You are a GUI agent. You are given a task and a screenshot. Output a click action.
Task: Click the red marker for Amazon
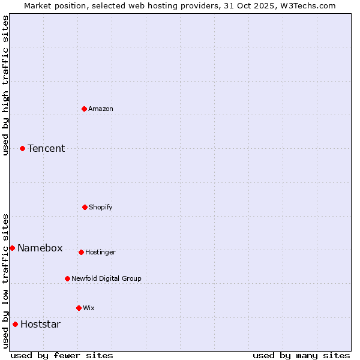[x=84, y=109]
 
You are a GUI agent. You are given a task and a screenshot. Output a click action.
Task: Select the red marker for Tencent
[x=22, y=148]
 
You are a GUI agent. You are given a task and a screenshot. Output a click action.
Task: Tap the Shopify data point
[x=85, y=207]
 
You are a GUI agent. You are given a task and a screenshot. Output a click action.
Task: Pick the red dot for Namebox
[x=12, y=248]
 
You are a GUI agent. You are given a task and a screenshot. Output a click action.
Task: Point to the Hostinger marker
[x=81, y=252]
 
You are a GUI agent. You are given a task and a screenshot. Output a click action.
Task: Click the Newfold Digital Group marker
[x=67, y=278]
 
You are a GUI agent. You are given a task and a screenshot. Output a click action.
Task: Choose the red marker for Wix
[x=79, y=308]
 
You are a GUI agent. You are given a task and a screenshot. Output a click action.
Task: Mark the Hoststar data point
[x=15, y=324]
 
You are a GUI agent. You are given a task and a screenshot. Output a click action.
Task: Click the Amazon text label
[x=101, y=109]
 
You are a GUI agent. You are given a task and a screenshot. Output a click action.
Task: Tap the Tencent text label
[x=46, y=148]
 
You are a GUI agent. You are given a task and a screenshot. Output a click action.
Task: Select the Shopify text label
[x=101, y=207]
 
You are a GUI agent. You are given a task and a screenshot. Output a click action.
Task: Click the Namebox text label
[x=40, y=248]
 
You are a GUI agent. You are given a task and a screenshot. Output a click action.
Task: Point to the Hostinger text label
[x=100, y=252]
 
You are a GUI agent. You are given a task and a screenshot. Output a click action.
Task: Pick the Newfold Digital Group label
[x=107, y=278]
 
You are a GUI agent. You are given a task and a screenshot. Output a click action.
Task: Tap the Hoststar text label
[x=41, y=324]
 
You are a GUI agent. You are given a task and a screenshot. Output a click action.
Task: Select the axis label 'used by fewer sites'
[x=62, y=355]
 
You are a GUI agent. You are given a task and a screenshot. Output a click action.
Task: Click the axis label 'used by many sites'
[x=301, y=355]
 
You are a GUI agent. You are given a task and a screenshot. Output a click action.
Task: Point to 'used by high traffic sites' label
[x=5, y=85]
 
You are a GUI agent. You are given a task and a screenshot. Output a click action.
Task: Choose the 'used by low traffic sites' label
[x=5, y=280]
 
